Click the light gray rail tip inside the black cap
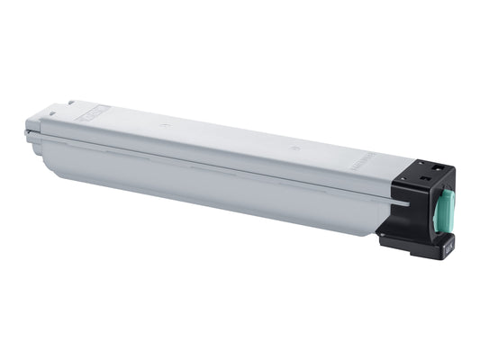[407, 202]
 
